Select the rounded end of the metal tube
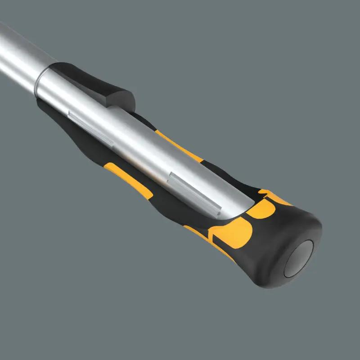[x=229, y=205]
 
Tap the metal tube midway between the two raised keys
[x=144, y=153]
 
